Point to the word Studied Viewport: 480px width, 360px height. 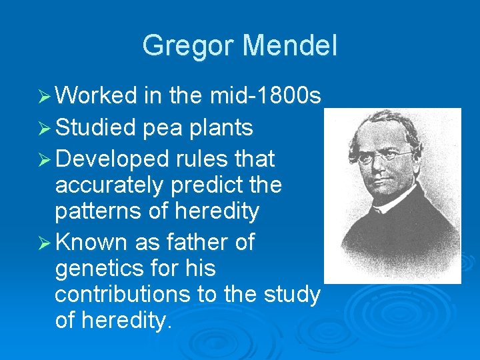[x=97, y=127]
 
